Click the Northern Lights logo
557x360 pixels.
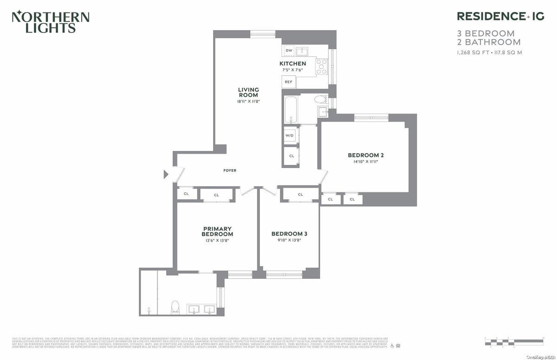pos(50,22)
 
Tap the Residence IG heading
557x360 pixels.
pos(500,16)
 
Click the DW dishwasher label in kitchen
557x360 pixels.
pos(289,50)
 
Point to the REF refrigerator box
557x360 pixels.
pos(289,82)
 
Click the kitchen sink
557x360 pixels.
pos(303,51)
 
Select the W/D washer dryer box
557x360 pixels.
pos(290,135)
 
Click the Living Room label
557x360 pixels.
pos(248,92)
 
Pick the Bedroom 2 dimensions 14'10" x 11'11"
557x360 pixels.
pos(366,162)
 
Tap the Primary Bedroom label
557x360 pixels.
pos(217,231)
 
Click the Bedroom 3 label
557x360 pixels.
pos(289,234)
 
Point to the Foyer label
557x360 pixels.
pos(230,170)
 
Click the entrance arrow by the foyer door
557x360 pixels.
pos(166,175)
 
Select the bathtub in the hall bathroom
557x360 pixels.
pos(291,110)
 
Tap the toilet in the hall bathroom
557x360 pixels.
pos(320,99)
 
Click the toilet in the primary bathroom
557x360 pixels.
pos(175,307)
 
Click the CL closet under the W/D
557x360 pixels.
pos(291,156)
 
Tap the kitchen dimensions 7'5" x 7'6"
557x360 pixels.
pos(292,70)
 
